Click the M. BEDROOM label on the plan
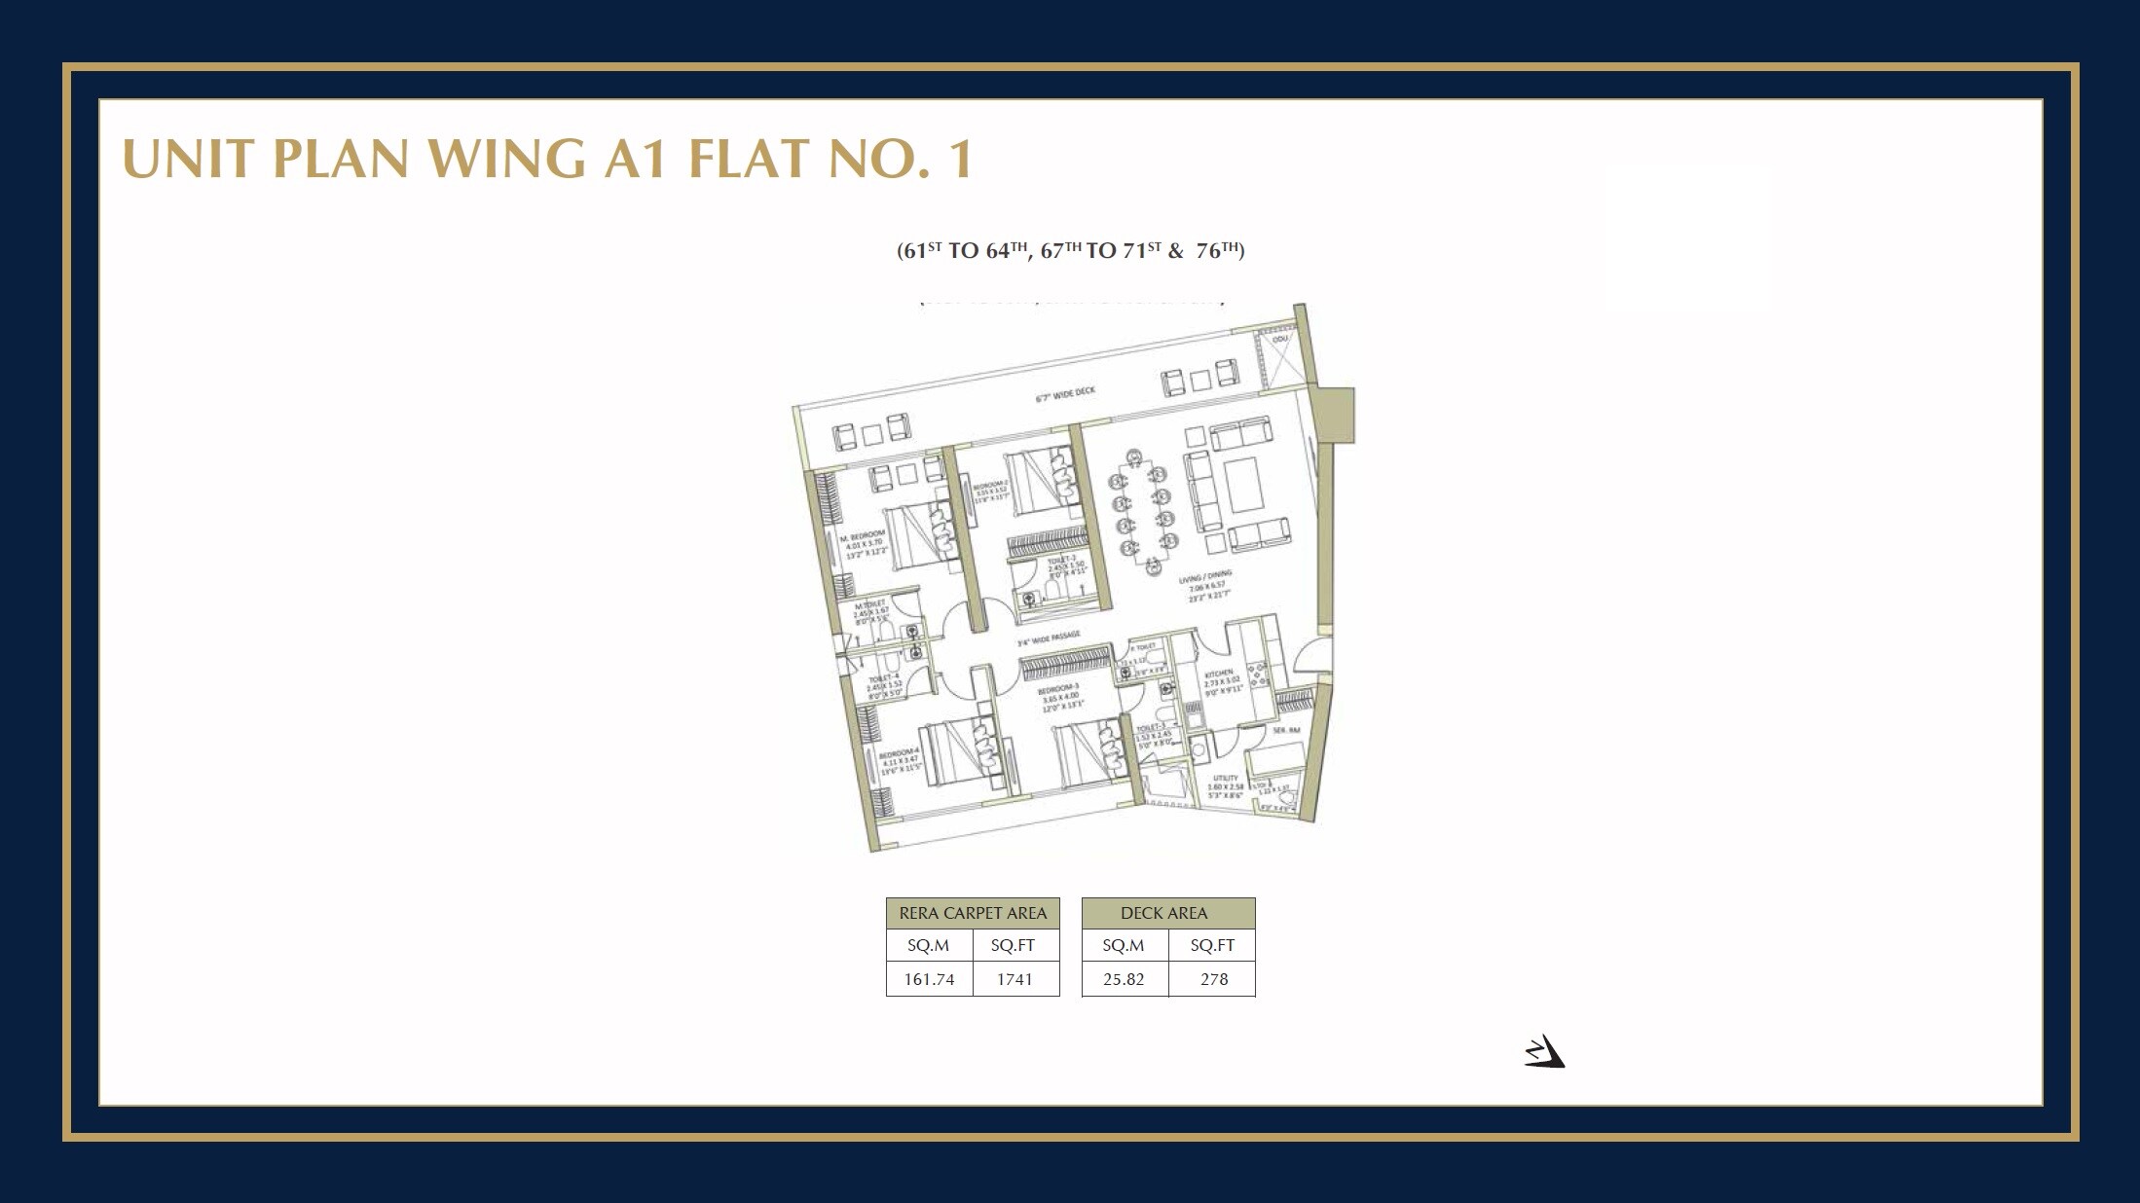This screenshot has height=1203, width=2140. click(x=863, y=535)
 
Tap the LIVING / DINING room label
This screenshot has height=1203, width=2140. click(x=1205, y=577)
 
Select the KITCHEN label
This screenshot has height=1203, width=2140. click(x=1219, y=674)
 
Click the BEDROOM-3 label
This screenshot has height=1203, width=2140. click(x=1058, y=689)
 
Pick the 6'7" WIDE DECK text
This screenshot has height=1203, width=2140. click(x=1064, y=394)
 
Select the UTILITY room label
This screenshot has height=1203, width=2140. click(x=1226, y=778)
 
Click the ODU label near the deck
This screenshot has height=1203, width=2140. click(x=1279, y=339)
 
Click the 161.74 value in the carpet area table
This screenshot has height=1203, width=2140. click(x=929, y=979)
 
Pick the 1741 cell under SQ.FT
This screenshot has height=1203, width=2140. click(x=1015, y=979)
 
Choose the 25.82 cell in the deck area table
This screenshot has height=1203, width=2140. click(x=1124, y=979)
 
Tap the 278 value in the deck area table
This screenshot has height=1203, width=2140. click(x=1213, y=979)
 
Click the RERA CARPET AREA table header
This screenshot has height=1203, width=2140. click(x=973, y=913)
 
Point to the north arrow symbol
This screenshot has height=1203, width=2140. click(x=1544, y=1053)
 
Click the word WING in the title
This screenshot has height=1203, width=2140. click(x=506, y=159)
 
